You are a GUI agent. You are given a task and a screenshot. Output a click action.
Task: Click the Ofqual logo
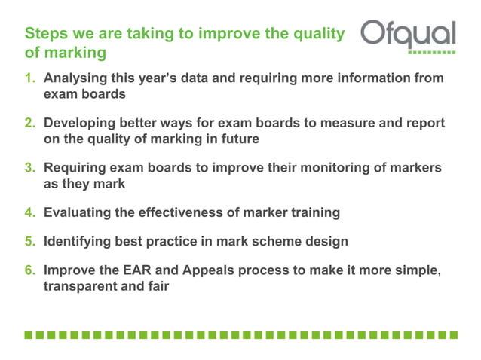pos(408,35)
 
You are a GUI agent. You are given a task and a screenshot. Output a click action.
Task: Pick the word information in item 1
pos(367,78)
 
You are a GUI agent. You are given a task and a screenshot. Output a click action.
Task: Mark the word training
pos(313,212)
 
